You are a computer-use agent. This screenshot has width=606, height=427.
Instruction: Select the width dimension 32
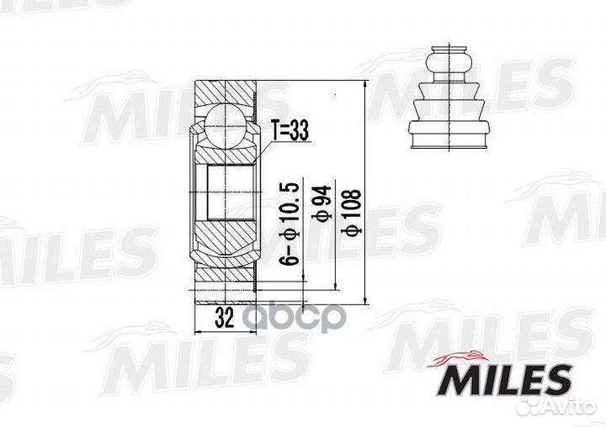pos(223,318)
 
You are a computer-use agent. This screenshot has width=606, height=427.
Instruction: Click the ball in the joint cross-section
pos(223,123)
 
